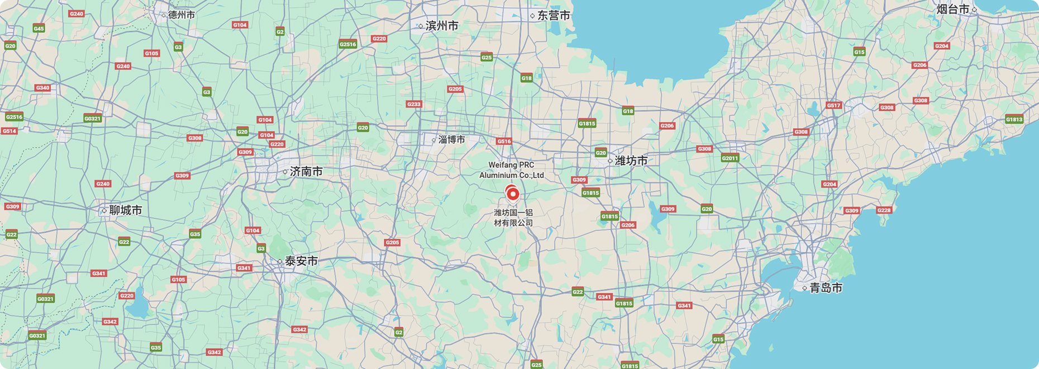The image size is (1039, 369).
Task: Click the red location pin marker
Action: click(x=512, y=194)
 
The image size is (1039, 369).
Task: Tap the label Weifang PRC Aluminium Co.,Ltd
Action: click(x=511, y=170)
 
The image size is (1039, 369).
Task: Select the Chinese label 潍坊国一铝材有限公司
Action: click(x=513, y=217)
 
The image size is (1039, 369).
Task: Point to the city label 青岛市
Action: click(x=826, y=288)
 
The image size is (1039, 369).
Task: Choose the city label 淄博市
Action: click(x=451, y=140)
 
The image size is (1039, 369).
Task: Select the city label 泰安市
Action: click(x=301, y=261)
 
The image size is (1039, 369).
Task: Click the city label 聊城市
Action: click(x=125, y=210)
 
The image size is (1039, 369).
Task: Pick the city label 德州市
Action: click(x=182, y=15)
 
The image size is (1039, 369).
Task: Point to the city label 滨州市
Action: click(x=441, y=26)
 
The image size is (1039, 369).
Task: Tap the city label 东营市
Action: click(x=554, y=16)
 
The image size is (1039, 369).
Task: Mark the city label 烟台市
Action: click(x=953, y=10)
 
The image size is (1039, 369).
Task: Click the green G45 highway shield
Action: click(x=39, y=29)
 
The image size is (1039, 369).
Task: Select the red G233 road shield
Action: click(x=414, y=105)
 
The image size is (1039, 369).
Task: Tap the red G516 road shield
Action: click(x=504, y=141)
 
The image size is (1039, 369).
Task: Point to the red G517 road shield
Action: click(x=833, y=105)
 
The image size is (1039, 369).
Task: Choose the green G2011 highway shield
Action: click(x=730, y=158)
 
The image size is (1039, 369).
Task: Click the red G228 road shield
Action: click(x=884, y=210)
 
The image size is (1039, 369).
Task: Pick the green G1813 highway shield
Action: click(x=1014, y=119)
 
